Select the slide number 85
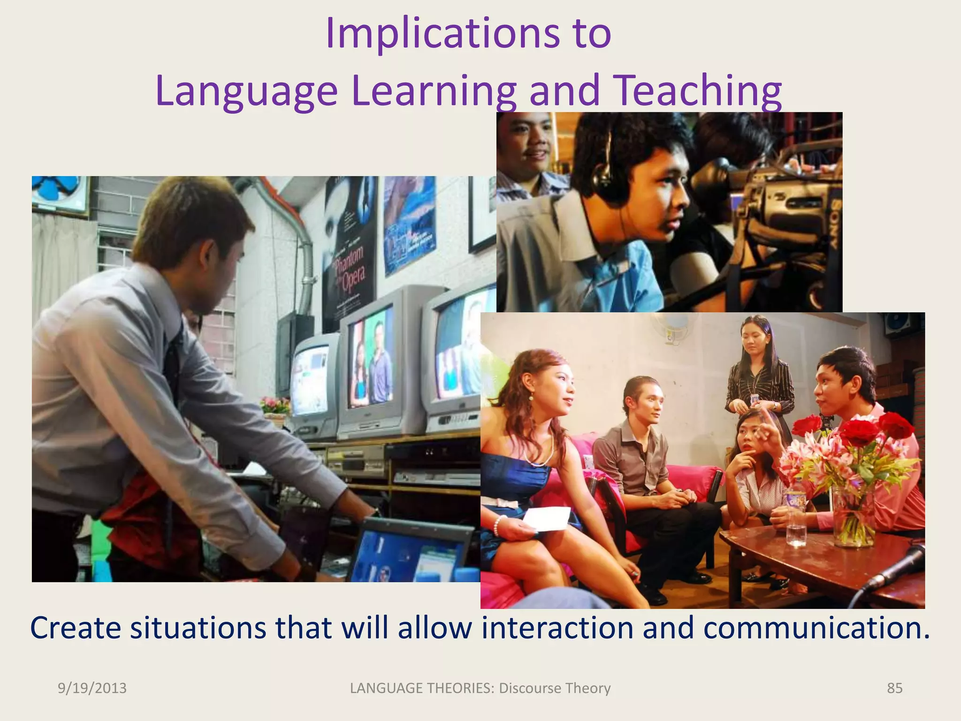pyautogui.click(x=894, y=688)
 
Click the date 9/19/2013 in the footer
pyautogui.click(x=92, y=688)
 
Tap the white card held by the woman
pyautogui.click(x=547, y=519)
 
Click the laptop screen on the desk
pyautogui.click(x=413, y=554)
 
